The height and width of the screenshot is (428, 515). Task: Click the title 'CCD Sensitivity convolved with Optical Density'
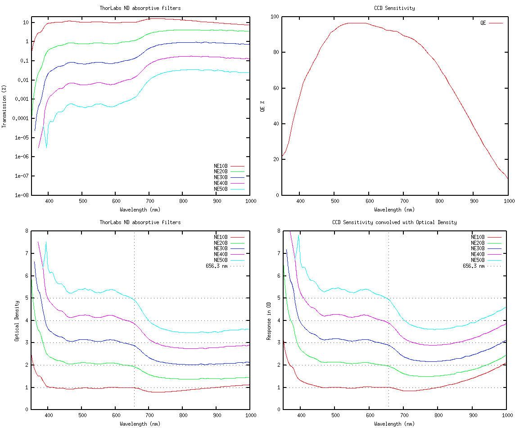click(x=394, y=222)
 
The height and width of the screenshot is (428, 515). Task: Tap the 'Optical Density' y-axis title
click(x=17, y=320)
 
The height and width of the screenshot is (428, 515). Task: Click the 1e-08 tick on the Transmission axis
click(x=22, y=195)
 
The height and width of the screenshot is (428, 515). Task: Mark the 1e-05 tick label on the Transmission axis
click(x=22, y=138)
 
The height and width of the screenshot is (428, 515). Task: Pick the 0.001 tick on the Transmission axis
click(x=21, y=99)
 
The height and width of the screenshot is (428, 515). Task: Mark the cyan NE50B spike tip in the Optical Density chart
click(x=46, y=242)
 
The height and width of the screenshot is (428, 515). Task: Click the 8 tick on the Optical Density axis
click(x=27, y=231)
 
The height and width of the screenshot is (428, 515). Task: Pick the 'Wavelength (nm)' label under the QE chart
click(x=394, y=209)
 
